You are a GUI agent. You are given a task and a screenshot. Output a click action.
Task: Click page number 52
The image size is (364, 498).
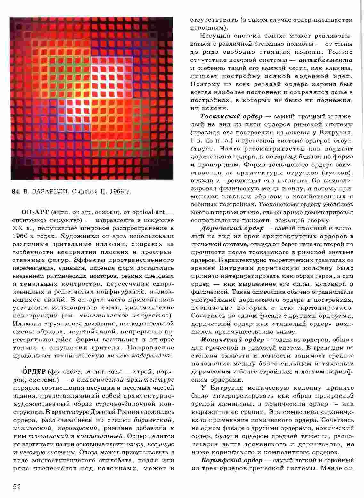pyautogui.click(x=17, y=487)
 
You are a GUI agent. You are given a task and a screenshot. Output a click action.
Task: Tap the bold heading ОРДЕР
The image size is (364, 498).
pyautogui.click(x=33, y=372)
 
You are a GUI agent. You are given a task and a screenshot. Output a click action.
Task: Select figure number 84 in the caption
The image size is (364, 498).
pyautogui.click(x=14, y=192)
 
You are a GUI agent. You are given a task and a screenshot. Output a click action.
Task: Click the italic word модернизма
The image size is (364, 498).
pyautogui.click(x=152, y=356)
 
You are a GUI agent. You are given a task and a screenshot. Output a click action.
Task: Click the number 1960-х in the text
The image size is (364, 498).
pyautogui.click(x=25, y=236)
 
